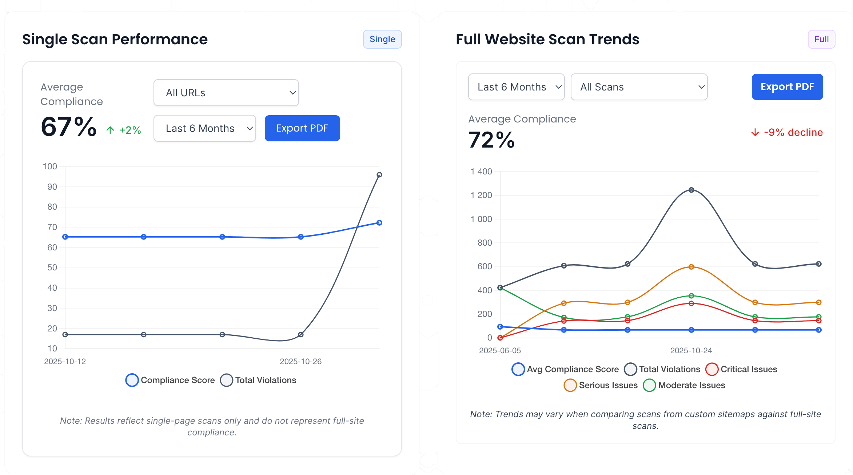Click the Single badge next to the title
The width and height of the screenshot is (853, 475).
[382, 39]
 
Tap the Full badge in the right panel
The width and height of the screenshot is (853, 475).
[821, 39]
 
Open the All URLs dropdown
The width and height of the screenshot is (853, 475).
[226, 93]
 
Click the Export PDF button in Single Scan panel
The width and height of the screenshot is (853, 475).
[302, 128]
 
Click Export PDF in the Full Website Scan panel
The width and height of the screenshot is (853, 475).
[787, 87]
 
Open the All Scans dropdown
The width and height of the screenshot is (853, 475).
[639, 87]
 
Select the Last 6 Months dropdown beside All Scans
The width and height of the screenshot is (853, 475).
[516, 87]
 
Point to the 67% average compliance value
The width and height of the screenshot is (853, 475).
[69, 127]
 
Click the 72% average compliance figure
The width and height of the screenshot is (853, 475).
[491, 140]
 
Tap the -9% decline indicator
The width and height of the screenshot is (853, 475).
[787, 132]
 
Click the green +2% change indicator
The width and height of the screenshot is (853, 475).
[124, 130]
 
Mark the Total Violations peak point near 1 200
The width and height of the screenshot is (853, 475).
[691, 190]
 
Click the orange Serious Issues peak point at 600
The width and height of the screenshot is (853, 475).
[691, 267]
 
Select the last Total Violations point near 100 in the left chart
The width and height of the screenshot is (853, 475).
[379, 175]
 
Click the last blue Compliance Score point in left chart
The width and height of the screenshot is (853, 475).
[379, 223]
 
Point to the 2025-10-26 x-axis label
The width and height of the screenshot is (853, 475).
[300, 361]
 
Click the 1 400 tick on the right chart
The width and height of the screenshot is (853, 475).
[481, 172]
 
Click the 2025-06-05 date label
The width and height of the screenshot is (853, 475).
[500, 350]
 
